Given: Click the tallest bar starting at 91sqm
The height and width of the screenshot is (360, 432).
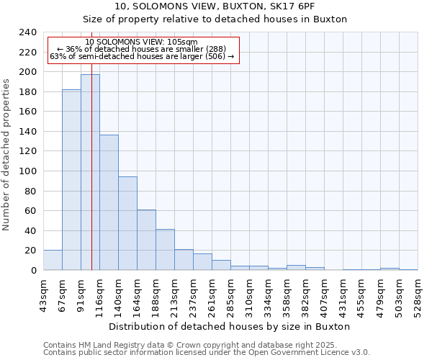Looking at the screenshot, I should (x=90, y=172).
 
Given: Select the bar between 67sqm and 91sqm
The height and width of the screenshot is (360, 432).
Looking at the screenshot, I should (x=71, y=180).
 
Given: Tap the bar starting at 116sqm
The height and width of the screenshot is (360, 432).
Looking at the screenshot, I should (x=109, y=202).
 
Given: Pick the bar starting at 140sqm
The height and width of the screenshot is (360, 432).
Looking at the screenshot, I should (x=127, y=223).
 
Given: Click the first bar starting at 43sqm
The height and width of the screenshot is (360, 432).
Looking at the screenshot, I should (x=53, y=260).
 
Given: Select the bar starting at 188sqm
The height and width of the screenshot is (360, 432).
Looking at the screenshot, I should (x=165, y=250).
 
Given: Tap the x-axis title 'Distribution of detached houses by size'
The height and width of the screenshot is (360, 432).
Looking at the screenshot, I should (x=230, y=327).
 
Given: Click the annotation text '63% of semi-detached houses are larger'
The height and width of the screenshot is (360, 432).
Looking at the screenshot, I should (x=142, y=56).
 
